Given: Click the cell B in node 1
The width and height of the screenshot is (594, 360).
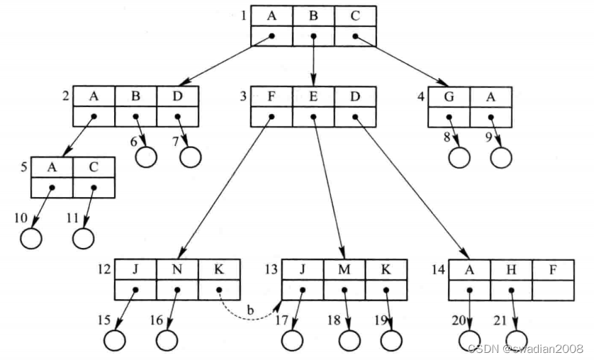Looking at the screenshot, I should pos(313,16).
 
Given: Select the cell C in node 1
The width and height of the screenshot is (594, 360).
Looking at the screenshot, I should pos(355,16).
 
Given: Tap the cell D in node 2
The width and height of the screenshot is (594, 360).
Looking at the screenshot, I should pos(177,96).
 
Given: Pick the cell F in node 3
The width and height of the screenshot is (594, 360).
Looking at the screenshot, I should pos(271,96).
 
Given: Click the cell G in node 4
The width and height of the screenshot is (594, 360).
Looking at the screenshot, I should pos(448,96).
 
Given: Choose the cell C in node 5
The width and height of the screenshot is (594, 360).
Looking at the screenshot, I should pos(93,167).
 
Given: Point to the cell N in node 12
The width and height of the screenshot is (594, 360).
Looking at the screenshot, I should pos(177,269).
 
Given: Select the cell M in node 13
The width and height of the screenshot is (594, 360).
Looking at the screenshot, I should pos(344,269).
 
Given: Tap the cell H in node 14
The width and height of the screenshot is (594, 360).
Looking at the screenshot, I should pos(511,269).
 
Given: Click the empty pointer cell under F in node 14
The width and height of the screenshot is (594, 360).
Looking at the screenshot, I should pos(553,290).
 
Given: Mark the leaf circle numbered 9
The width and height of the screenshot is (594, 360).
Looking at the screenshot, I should pos(500,155).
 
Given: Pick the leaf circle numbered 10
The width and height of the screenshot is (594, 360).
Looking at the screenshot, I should pos(31,237).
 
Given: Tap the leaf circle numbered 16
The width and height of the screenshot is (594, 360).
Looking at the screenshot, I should pos(166,339).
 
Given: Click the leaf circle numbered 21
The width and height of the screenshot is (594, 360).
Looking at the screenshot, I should pos(516,339).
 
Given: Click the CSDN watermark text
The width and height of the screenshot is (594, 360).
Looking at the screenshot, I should pos(525,349).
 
